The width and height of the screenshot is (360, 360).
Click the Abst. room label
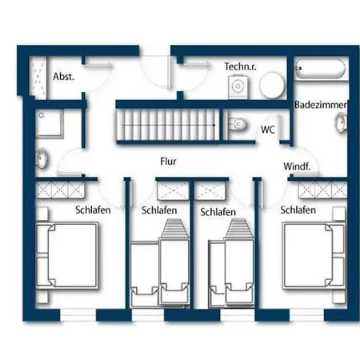coord(63,77)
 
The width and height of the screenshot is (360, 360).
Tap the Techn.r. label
coord(240,66)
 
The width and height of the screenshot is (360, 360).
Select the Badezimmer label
coord(321,105)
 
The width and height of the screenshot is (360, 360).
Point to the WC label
coord(268,130)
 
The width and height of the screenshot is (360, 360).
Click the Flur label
coord(168,162)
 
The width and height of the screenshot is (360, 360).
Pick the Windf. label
coord(297,166)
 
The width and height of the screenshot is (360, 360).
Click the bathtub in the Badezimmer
coord(320,69)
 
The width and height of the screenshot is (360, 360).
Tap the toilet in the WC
coord(238,124)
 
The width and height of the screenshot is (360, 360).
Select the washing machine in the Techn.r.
coord(238,86)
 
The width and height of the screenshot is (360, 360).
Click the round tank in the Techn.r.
coord(272,85)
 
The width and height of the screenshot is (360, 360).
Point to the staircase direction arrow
coord(168,125)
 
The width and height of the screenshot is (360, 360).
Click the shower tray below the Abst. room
coord(50,124)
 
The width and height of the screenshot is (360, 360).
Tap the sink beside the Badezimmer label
coord(341,122)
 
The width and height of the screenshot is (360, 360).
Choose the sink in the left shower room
coord(42,158)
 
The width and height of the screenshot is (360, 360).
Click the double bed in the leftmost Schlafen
coord(67,256)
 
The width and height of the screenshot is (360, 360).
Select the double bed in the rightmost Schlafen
coord(314,256)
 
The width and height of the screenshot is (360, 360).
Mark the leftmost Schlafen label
coord(93,210)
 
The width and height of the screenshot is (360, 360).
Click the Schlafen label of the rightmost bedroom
coord(298,210)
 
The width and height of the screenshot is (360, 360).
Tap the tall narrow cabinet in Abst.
coord(38,76)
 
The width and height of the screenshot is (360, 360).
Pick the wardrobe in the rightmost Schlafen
coord(322,190)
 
